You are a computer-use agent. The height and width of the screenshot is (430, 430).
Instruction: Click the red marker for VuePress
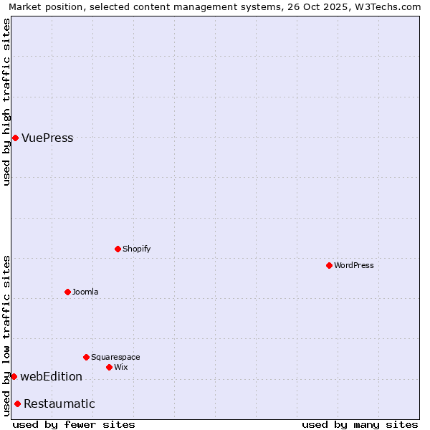pyautogui.click(x=15, y=138)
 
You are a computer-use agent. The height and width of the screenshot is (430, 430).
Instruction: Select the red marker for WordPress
pyautogui.click(x=329, y=265)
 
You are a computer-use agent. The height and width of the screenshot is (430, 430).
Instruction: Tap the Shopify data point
pyautogui.click(x=118, y=249)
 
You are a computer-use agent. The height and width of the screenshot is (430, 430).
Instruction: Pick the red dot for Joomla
pyautogui.click(x=67, y=292)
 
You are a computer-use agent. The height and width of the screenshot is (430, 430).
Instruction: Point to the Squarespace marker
pyautogui.click(x=86, y=357)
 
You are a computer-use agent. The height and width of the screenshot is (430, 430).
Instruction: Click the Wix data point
pyautogui.click(x=109, y=367)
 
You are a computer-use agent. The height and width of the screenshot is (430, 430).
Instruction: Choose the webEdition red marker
pyautogui.click(x=14, y=376)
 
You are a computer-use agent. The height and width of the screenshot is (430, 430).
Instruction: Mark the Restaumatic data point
pyautogui.click(x=17, y=403)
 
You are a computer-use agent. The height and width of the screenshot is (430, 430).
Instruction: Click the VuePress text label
pyautogui.click(x=47, y=138)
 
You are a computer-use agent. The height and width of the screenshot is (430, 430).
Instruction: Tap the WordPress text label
pyautogui.click(x=354, y=265)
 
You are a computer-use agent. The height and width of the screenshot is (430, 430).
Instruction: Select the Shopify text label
pyautogui.click(x=136, y=249)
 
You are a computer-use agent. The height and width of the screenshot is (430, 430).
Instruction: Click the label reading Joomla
pyautogui.click(x=85, y=292)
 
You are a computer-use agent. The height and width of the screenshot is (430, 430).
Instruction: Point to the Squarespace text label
pyautogui.click(x=115, y=357)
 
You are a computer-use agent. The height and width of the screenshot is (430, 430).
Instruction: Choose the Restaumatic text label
pyautogui.click(x=59, y=404)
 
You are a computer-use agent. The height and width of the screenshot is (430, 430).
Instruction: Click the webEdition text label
pyautogui.click(x=51, y=377)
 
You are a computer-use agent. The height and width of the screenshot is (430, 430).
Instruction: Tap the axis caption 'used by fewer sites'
pyautogui.click(x=74, y=424)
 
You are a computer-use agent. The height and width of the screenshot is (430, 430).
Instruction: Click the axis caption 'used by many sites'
pyautogui.click(x=360, y=424)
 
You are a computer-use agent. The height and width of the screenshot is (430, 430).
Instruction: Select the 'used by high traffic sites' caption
pyautogui.click(x=6, y=102)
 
